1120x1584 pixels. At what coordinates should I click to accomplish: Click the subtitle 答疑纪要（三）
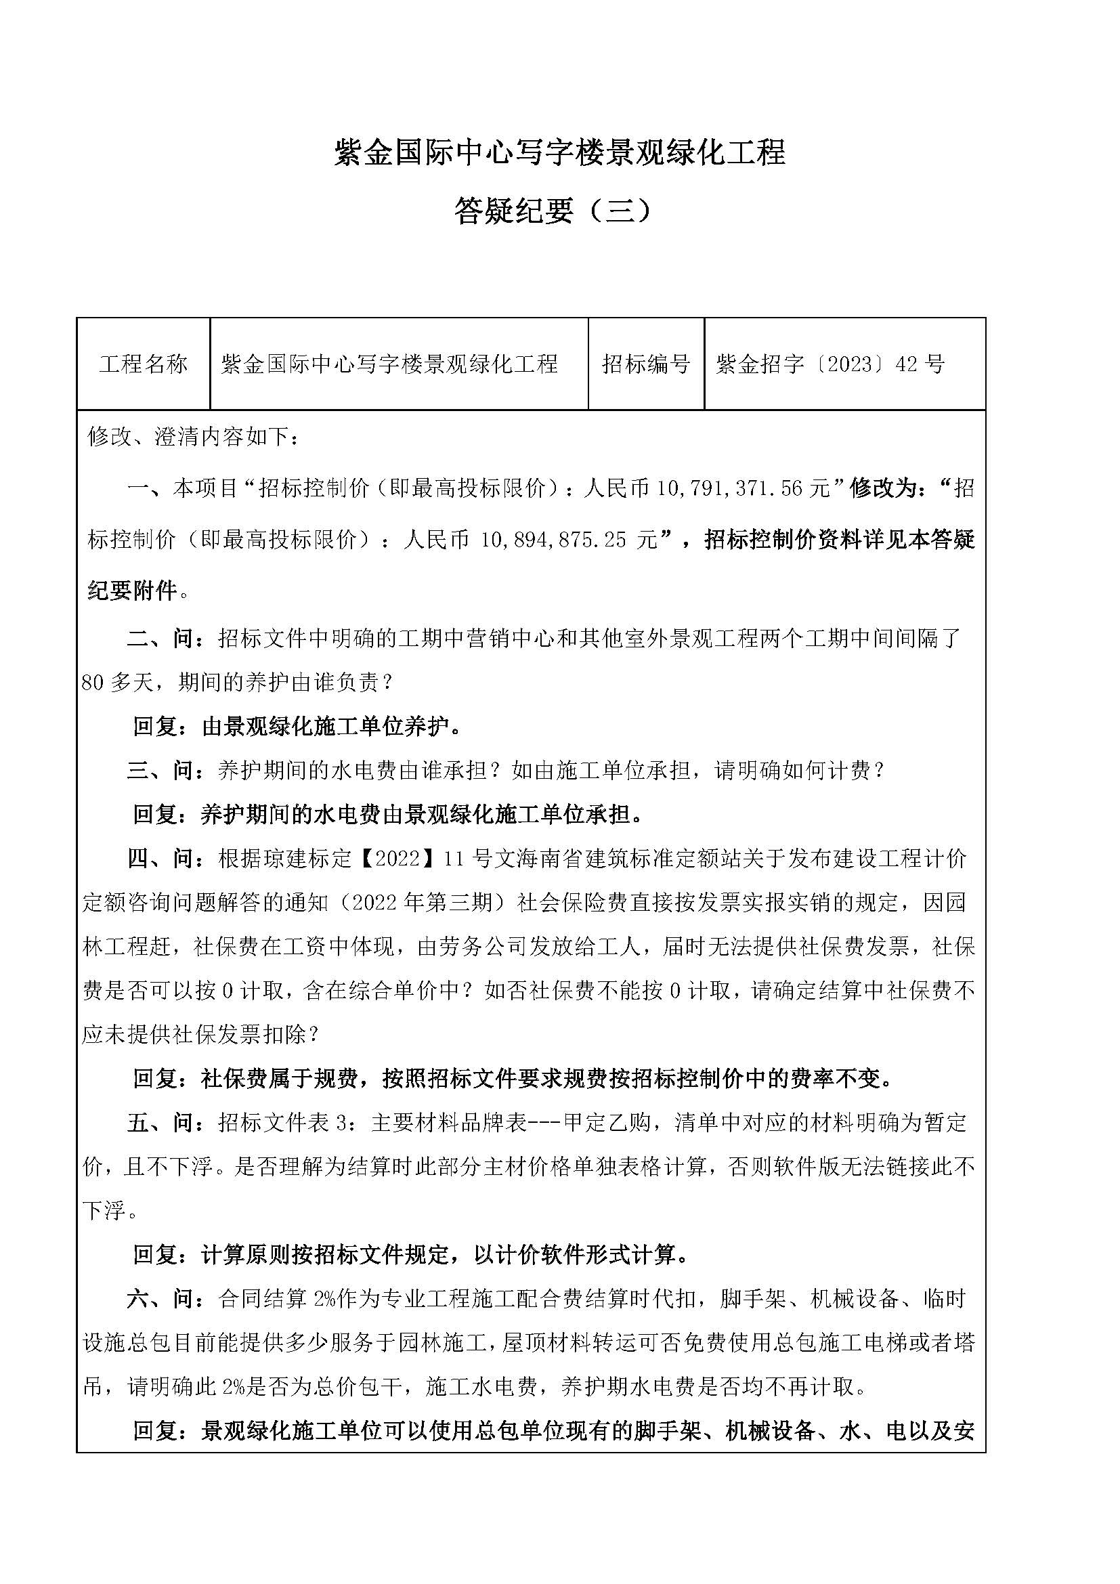coord(553,211)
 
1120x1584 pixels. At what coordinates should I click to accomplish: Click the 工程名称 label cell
coord(143,364)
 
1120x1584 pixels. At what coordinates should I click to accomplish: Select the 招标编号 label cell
coord(645,364)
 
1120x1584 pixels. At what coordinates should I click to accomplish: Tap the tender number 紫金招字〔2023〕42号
coord(830,364)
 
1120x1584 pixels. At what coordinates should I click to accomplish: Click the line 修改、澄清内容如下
coord(193,437)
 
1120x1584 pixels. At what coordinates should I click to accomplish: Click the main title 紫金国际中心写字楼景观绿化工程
coord(559,152)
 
